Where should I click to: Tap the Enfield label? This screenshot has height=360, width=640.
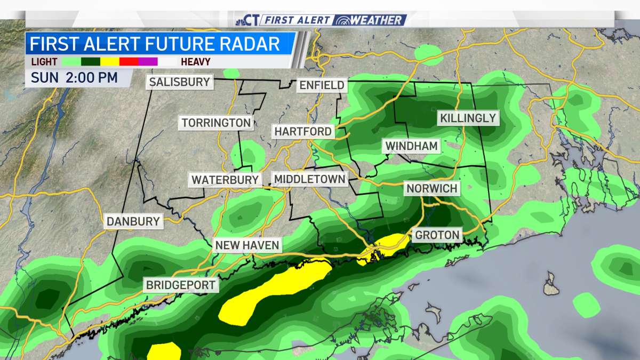tap(322, 85)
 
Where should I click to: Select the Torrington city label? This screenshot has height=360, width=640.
tap(216, 123)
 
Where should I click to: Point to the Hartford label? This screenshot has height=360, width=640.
tap(303, 131)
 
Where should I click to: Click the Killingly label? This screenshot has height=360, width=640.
tap(468, 118)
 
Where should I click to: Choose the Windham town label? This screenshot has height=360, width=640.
tap(412, 146)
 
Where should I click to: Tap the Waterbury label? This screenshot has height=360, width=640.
tap(225, 180)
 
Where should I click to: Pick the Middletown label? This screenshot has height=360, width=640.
tap(309, 179)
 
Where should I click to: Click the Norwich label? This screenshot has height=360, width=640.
tap(432, 188)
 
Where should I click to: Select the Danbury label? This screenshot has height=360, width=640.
tap(133, 221)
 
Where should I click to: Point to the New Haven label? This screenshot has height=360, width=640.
tap(247, 245)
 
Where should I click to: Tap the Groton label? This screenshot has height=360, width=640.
tap(437, 235)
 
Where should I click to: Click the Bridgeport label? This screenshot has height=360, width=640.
tap(181, 285)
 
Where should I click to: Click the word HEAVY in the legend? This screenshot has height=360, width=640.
tap(195, 62)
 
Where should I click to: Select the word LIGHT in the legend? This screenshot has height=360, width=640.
tap(44, 62)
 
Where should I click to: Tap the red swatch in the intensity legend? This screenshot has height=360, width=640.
tap(129, 62)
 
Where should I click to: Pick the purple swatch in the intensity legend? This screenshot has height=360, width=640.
tap(148, 62)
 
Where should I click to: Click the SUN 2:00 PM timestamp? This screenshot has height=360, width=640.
tap(74, 77)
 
